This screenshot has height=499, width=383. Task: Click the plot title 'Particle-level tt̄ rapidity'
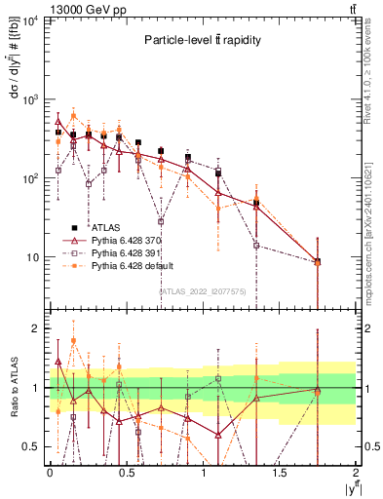click(x=203, y=40)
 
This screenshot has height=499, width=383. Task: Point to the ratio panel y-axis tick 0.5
click(x=34, y=447)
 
